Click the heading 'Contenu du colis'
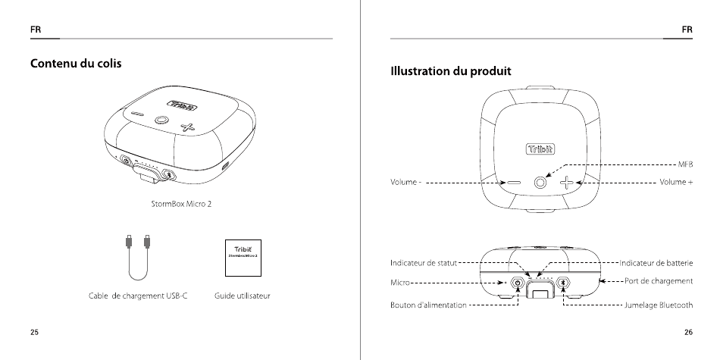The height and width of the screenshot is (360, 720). tap(76, 63)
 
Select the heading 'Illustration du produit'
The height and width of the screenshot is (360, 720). tap(451, 71)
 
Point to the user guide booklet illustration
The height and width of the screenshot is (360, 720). tap(244, 258)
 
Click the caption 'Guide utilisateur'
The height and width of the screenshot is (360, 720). tap(243, 295)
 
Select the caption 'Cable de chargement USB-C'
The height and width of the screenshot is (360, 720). tap(133, 295)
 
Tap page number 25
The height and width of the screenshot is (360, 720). tap(35, 332)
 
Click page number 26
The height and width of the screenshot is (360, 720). tap(687, 332)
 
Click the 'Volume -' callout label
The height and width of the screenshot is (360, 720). tap(406, 183)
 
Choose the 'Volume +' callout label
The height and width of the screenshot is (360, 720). tap(676, 183)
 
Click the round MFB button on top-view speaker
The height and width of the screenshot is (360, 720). tap(540, 183)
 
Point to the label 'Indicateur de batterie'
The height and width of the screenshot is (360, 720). tap(656, 262)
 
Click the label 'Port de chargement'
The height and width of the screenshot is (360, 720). tap(659, 281)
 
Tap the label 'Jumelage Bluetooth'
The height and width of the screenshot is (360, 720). tap(658, 305)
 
